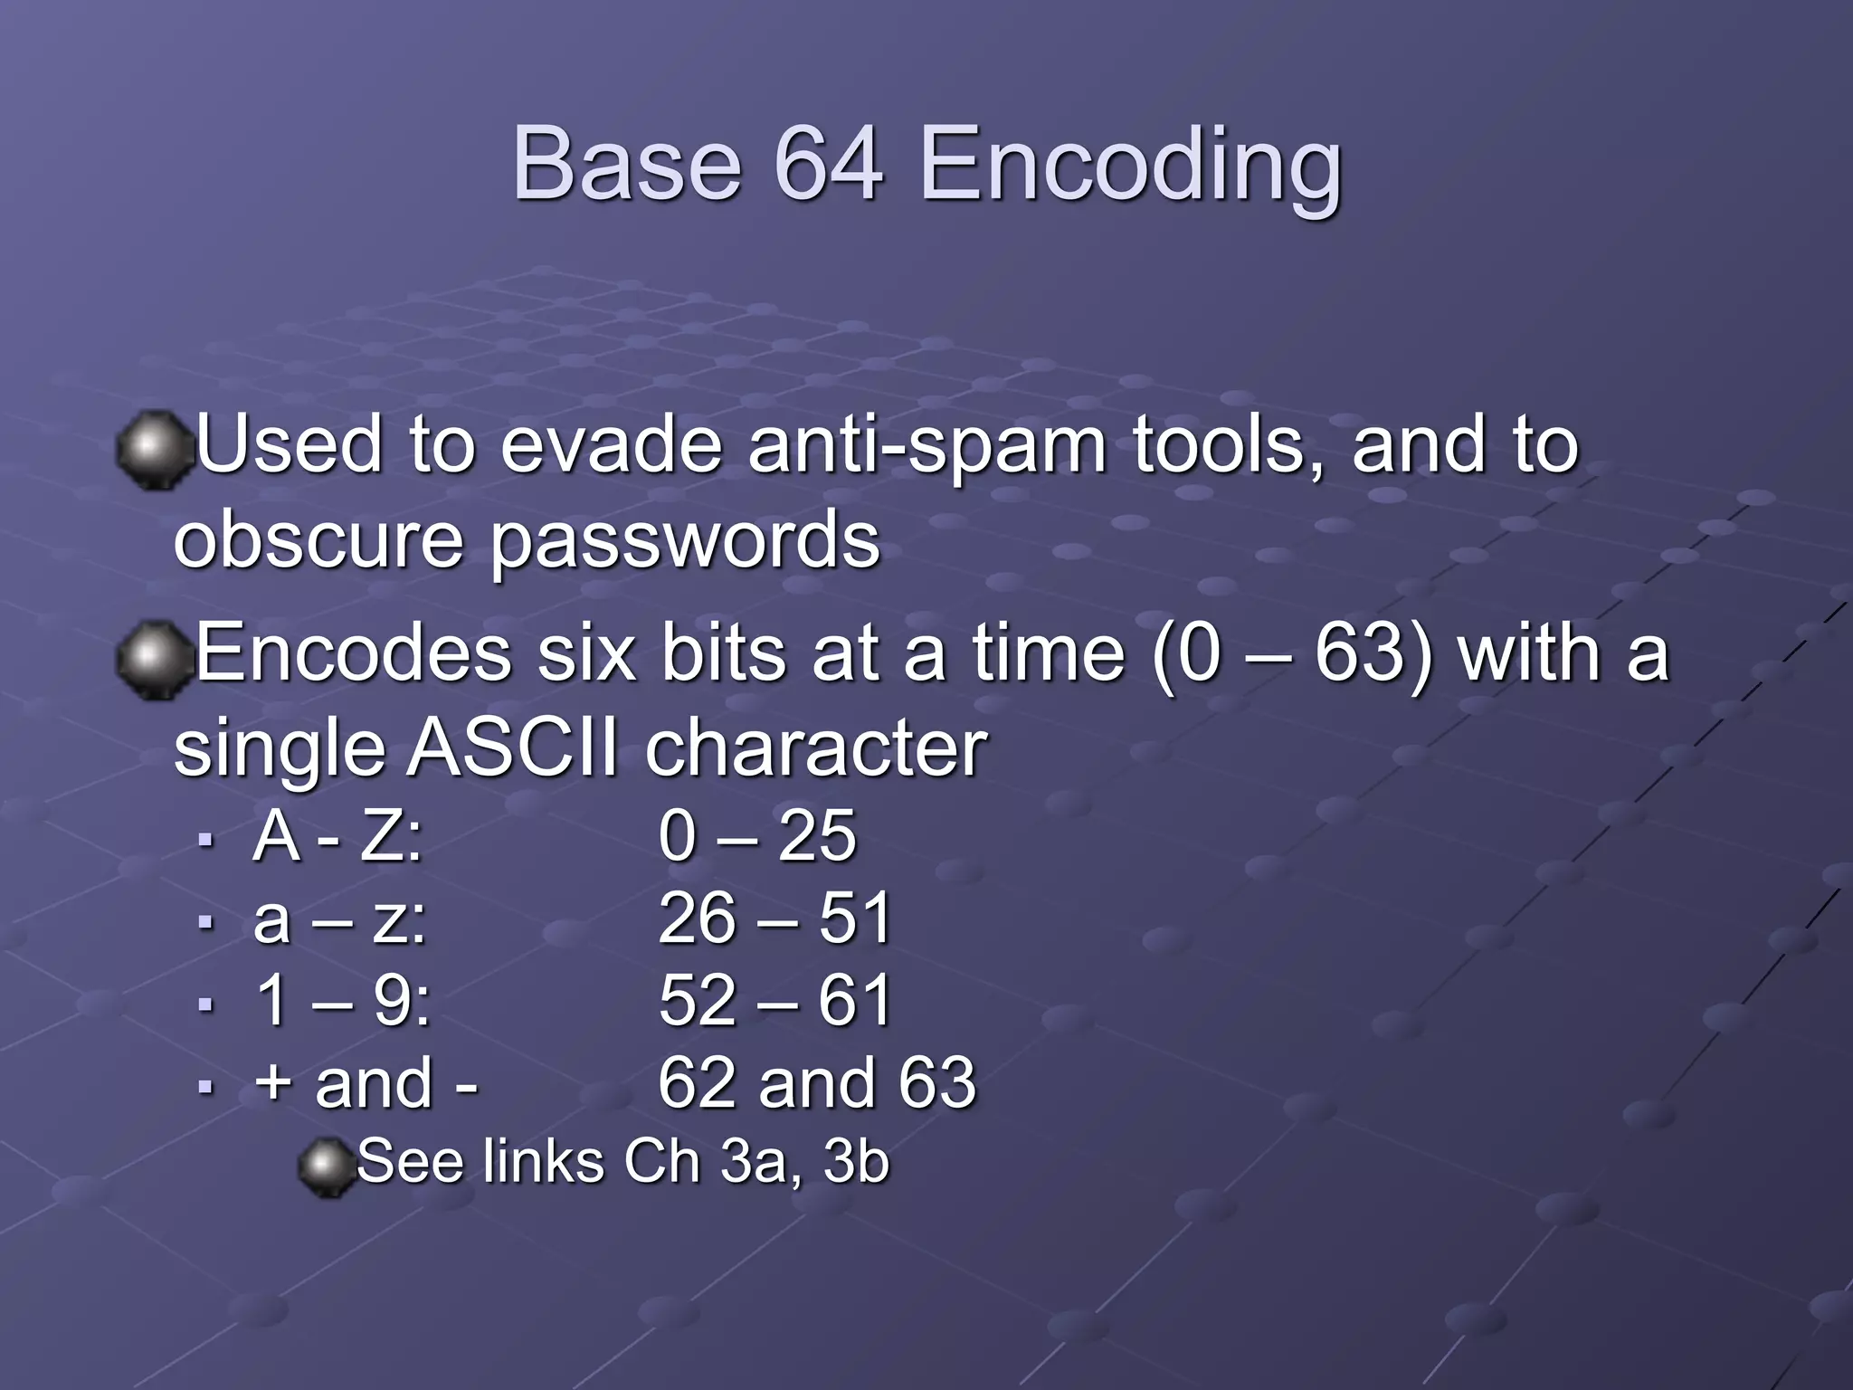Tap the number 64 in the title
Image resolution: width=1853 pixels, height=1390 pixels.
coord(828,165)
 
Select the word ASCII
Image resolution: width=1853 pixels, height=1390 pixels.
coord(513,749)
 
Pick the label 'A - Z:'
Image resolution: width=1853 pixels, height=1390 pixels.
coord(337,836)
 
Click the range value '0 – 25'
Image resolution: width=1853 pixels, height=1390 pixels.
coord(756,836)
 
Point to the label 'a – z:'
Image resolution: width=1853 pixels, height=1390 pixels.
coord(339,919)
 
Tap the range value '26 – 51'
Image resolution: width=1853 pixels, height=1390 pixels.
coord(774,919)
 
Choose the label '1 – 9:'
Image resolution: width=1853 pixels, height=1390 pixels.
coord(343,1002)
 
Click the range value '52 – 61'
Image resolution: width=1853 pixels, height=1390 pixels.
coord(774,1002)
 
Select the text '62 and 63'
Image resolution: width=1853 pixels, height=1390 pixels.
coord(816,1083)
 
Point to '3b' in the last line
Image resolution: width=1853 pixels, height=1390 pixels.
coord(856,1162)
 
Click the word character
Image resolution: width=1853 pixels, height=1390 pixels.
coord(816,749)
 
